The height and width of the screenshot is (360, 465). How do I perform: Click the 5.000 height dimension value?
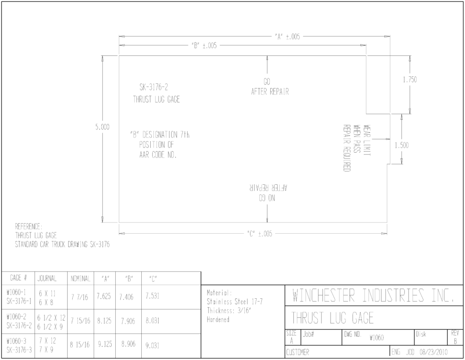point(102,127)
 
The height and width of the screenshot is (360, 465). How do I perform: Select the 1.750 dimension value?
point(410,79)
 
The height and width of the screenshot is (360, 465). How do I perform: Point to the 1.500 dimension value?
point(401,145)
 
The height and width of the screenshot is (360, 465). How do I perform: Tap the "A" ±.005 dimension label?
point(287,37)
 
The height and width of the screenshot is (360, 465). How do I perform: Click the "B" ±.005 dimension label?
point(204,46)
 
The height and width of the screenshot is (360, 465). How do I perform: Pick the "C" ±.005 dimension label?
point(259,234)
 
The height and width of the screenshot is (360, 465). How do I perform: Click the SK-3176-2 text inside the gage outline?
point(153,87)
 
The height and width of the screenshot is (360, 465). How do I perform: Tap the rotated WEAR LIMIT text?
point(367,140)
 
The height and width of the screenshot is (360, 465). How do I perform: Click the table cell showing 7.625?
point(104,296)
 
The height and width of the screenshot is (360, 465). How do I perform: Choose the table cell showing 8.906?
point(128,344)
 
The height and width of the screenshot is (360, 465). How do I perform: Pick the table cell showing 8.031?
point(153,321)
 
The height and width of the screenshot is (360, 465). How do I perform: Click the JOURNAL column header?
point(47,278)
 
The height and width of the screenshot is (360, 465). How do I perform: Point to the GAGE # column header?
point(18,278)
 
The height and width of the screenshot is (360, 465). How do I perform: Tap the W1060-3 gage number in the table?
point(16,341)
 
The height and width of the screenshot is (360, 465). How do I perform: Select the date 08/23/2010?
point(434,352)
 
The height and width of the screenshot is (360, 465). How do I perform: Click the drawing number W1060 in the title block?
point(376,338)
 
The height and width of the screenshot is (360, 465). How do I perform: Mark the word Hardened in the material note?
point(218,320)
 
